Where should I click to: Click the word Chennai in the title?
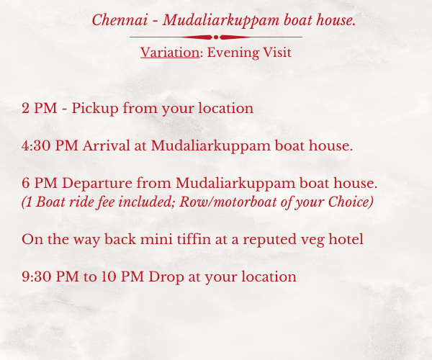120,20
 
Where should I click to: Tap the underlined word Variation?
170,53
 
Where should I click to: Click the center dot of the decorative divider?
216,37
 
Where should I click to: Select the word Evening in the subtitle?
233,53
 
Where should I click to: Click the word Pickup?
95,109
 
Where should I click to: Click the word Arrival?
107,145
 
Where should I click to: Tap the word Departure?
97,184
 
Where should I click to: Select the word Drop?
166,277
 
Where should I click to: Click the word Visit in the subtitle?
277,53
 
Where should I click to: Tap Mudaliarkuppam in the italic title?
221,21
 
